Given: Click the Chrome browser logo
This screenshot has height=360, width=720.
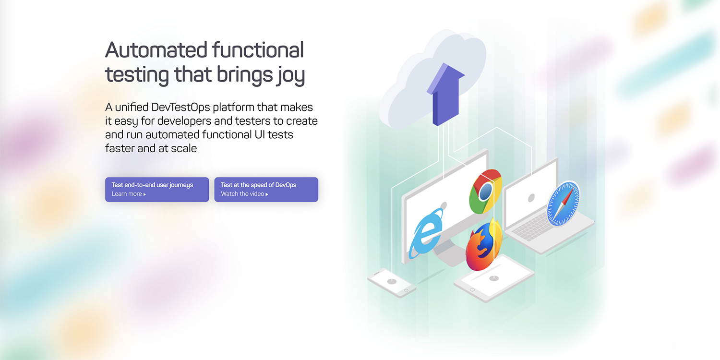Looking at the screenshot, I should (x=485, y=191).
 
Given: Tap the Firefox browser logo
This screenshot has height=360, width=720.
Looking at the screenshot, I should (x=483, y=245).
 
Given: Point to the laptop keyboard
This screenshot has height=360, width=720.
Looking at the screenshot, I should (x=533, y=226).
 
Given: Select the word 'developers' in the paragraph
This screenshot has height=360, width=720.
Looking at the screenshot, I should (x=187, y=121).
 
